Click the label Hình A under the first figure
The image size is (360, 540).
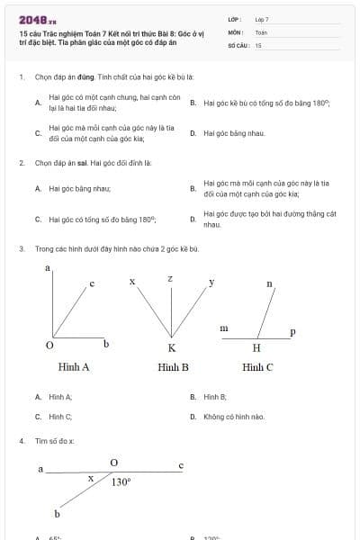[x=74, y=366]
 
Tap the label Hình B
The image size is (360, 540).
[x=173, y=366]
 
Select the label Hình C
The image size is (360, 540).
[x=257, y=366]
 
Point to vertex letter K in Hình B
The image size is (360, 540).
[x=171, y=347]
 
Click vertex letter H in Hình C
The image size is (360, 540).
[x=256, y=347]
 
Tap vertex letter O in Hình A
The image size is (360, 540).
[x=49, y=346]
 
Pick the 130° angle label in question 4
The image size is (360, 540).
[x=121, y=481]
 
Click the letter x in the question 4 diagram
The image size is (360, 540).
[x=90, y=479]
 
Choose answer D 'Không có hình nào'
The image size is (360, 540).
[x=233, y=417]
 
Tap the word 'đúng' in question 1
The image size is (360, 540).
[x=86, y=78]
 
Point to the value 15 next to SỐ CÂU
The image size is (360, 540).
[x=258, y=44]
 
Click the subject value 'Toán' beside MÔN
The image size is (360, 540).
[x=261, y=31]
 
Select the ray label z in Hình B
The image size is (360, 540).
[x=170, y=279]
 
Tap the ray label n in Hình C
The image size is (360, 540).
[x=269, y=283]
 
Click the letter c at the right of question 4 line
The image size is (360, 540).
[x=181, y=465]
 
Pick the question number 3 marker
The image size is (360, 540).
[x=21, y=248]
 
